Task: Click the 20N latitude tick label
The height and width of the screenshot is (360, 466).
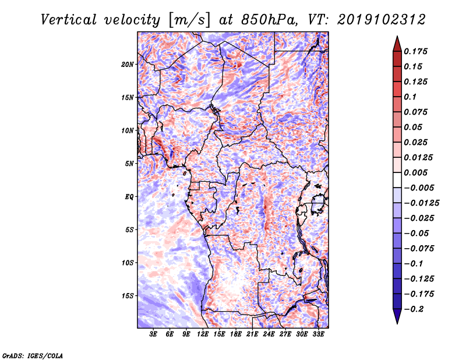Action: coord(128,65)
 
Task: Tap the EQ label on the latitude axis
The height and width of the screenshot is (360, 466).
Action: coord(129,197)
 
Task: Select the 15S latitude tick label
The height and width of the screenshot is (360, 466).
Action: coord(128,296)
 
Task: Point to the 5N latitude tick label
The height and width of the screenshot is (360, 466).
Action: coord(129,164)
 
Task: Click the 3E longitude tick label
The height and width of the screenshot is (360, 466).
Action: coord(153,334)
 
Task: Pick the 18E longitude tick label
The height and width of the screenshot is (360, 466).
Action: coord(236,334)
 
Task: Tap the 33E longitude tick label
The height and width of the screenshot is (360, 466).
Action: coord(318,334)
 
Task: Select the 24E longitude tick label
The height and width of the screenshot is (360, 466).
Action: coord(269,334)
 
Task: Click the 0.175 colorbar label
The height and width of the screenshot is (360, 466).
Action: coord(415,51)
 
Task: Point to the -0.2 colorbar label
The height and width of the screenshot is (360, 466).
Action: coord(414,309)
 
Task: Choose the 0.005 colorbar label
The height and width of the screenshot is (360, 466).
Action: coord(415,172)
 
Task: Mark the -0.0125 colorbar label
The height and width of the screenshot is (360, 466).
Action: coord(421,203)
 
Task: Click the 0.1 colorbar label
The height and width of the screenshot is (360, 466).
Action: coord(410,97)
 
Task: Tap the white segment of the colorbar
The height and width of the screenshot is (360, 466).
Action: coord(397,180)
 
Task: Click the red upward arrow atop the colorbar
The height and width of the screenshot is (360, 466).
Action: coord(397,44)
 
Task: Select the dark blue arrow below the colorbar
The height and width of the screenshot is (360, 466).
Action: coord(397,316)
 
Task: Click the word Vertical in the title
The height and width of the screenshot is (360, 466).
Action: coord(69,20)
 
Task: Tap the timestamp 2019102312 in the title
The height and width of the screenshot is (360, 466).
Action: coord(382,20)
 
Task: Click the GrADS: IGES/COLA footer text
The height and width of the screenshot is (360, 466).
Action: coord(33,355)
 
